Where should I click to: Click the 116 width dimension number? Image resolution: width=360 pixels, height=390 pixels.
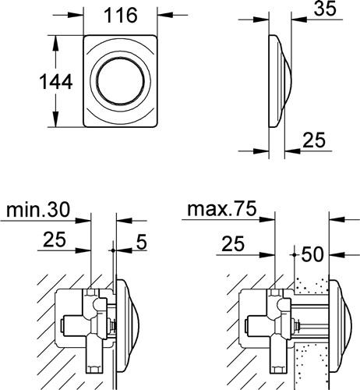pos(121,16)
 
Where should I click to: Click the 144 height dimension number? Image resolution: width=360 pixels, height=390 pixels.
pos(56,82)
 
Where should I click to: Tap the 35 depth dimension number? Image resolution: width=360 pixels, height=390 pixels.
pos(325,9)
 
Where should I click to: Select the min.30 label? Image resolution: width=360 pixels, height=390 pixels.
pos(38,210)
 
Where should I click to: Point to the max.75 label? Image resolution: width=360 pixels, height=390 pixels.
pos(222,209)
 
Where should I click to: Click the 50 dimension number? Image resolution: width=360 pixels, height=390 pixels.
pos(312,254)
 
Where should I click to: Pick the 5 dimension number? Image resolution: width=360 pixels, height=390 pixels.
pos(142,242)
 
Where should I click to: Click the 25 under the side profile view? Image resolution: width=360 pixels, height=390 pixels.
pos(314,140)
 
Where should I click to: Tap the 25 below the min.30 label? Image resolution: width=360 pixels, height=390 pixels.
pos(55,239)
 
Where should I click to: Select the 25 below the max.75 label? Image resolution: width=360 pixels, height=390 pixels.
pos(233,243)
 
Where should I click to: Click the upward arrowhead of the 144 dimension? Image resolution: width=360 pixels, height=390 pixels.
pos(55,43)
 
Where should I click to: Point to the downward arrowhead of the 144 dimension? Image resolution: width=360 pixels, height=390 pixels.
pos(55,119)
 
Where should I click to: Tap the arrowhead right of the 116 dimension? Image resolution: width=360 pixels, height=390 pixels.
pos(165,15)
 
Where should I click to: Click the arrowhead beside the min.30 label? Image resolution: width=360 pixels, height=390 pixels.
pos(83,221)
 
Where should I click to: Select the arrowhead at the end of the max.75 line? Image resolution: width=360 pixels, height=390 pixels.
pos(267,220)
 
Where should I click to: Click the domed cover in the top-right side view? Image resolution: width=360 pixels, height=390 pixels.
pos(279,81)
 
